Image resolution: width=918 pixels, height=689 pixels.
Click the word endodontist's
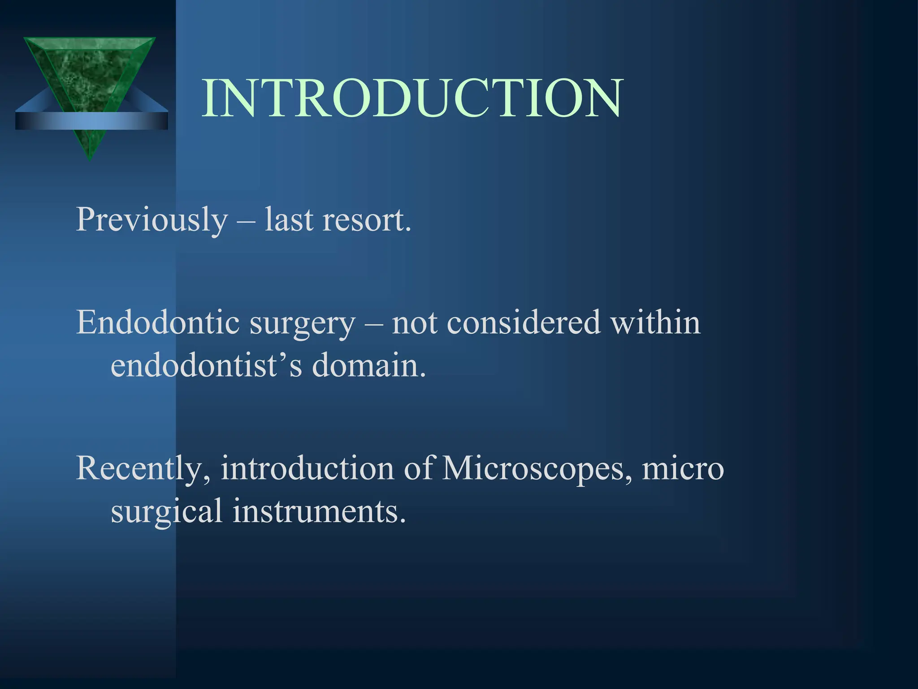206,366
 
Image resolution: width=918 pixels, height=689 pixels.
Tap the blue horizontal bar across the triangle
91,121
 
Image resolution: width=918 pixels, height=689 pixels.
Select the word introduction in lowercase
307,469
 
